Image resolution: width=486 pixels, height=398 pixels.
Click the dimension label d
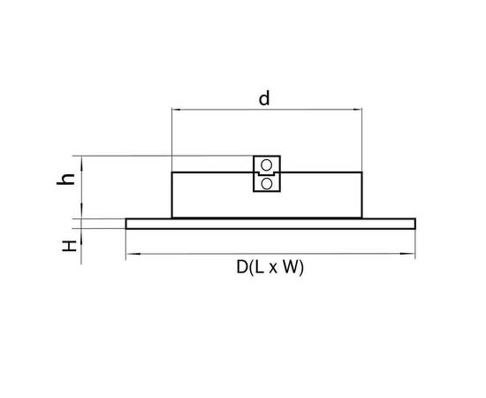tap(264, 99)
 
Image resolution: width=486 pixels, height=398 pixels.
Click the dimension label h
tap(65, 180)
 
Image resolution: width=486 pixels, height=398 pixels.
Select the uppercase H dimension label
tap(70, 246)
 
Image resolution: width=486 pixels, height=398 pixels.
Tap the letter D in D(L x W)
tap(242, 267)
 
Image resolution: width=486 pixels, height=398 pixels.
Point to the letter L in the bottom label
tap(259, 267)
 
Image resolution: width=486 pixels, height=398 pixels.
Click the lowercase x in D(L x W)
tap(273, 269)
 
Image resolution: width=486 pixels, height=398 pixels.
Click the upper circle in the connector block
tap(267, 165)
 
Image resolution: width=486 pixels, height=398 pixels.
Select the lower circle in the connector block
tap(267, 184)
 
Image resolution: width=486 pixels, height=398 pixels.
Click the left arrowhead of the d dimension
tap(177, 110)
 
